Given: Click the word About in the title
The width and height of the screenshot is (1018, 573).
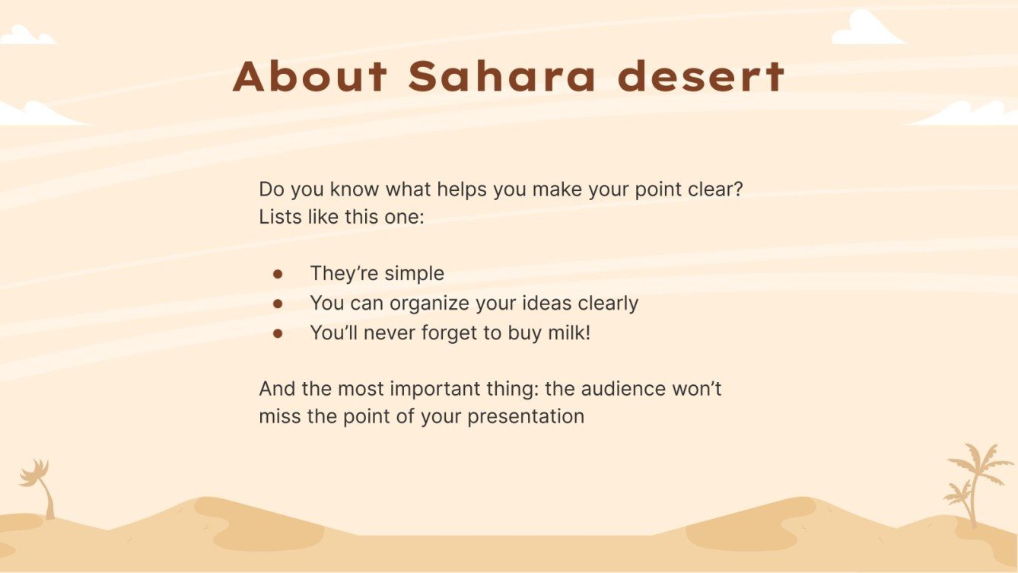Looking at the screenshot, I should click(x=310, y=76).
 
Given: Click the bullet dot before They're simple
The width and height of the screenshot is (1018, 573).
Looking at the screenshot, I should click(x=278, y=273).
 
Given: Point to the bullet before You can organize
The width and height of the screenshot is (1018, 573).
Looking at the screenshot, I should click(x=278, y=303).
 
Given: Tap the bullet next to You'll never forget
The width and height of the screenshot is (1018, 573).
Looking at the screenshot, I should click(x=278, y=333).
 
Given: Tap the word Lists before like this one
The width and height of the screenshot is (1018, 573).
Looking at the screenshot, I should click(x=281, y=216).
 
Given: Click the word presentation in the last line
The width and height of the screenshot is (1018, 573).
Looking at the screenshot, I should click(x=526, y=417).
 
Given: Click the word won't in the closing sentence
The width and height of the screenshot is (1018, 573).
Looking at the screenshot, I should click(x=701, y=388).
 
